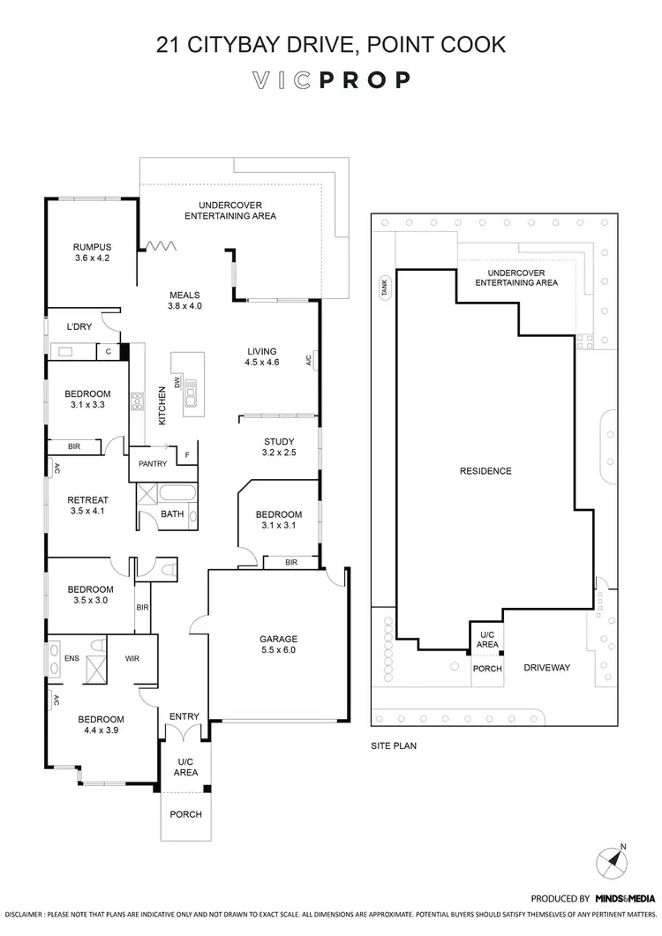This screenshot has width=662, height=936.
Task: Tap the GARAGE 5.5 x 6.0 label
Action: [278, 644]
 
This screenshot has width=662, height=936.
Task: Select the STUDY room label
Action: [279, 447]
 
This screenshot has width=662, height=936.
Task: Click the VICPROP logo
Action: [331, 80]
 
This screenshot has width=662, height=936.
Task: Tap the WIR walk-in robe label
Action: [132, 658]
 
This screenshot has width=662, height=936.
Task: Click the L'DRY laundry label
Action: [79, 327]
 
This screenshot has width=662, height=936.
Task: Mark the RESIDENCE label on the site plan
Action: [485, 471]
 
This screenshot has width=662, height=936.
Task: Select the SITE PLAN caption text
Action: [394, 745]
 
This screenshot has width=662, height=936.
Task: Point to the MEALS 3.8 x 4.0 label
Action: [185, 301]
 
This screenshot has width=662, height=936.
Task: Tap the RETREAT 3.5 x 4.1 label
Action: [87, 505]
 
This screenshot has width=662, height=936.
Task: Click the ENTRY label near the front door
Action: [184, 716]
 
